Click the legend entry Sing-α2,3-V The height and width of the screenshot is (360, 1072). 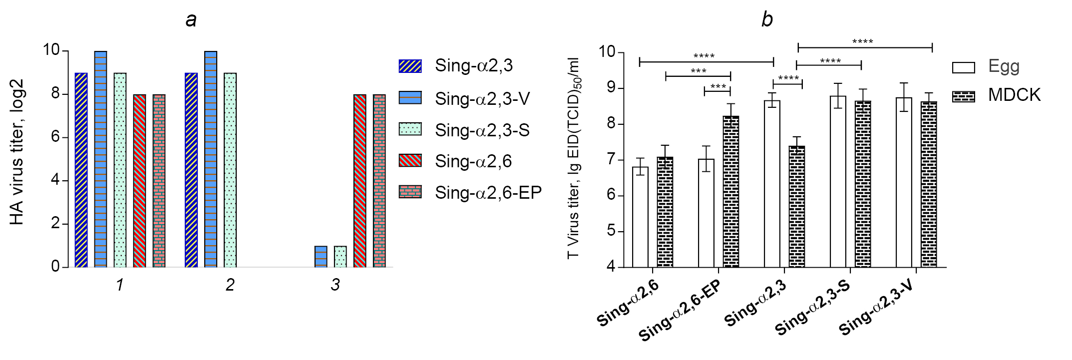(x=482, y=98)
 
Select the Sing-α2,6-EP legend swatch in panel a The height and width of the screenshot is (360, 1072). (x=410, y=192)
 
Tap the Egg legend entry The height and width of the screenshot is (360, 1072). (x=1004, y=66)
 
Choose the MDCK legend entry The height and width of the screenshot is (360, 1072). (x=1014, y=95)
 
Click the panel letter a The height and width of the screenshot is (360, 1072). (x=191, y=20)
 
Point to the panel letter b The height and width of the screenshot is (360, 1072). (x=767, y=19)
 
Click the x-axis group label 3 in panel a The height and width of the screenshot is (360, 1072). (x=335, y=285)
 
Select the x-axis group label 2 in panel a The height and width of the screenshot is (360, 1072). (x=230, y=285)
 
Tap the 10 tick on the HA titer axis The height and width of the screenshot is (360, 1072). (x=51, y=50)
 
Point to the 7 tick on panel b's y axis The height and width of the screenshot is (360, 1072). (x=611, y=160)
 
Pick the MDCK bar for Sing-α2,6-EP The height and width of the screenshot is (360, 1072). (x=731, y=192)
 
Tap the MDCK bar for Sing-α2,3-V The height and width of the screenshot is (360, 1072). (x=929, y=185)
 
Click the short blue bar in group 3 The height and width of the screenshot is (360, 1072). (x=321, y=257)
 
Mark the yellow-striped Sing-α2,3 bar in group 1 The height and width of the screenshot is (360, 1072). (x=81, y=170)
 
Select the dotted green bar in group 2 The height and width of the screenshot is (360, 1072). (x=230, y=170)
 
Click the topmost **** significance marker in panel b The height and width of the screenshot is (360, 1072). (x=862, y=41)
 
